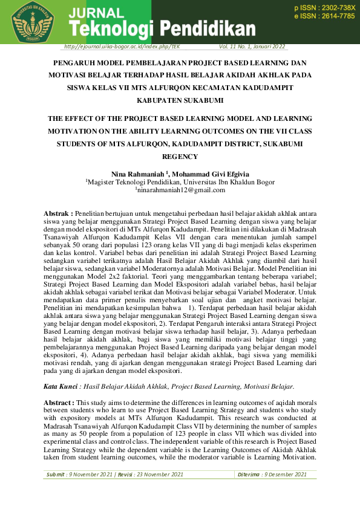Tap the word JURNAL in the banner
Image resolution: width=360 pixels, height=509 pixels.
[x=97, y=13]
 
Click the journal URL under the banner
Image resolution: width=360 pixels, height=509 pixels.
[x=122, y=47]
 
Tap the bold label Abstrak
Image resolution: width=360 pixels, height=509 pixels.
[x=59, y=213]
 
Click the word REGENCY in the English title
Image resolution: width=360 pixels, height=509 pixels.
[x=180, y=157]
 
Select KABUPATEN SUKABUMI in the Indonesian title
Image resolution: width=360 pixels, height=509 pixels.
[x=180, y=100]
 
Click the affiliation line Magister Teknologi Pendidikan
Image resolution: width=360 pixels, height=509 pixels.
[x=180, y=182]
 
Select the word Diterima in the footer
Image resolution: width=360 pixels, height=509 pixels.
[x=249, y=475]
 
